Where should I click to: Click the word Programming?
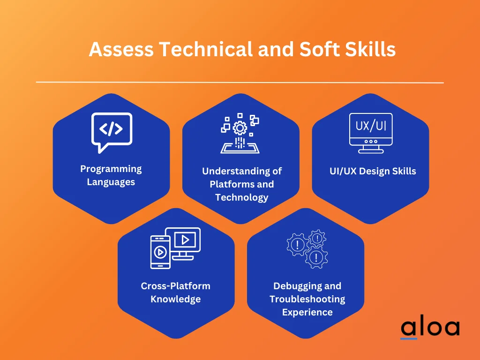(111, 169)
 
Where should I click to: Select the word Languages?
(111, 182)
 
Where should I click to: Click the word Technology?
(241, 197)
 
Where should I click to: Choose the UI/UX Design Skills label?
(373, 171)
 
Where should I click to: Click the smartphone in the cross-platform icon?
(160, 252)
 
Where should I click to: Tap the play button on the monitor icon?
(185, 240)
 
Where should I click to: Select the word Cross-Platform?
(176, 286)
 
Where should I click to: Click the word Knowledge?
(176, 299)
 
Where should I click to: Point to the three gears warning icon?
(307, 248)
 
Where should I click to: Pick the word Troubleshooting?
(307, 299)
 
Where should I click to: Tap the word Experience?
(307, 312)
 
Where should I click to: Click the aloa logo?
(429, 328)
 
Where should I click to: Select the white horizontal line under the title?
(240, 82)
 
